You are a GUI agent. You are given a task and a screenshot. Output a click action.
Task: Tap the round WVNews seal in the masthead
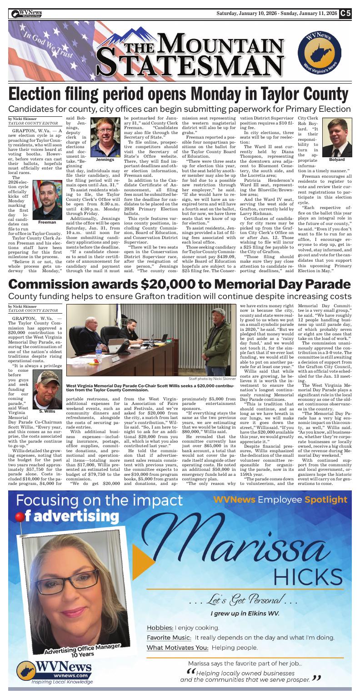(318, 57)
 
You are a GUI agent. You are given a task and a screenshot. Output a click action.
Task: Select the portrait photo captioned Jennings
(105, 137)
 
